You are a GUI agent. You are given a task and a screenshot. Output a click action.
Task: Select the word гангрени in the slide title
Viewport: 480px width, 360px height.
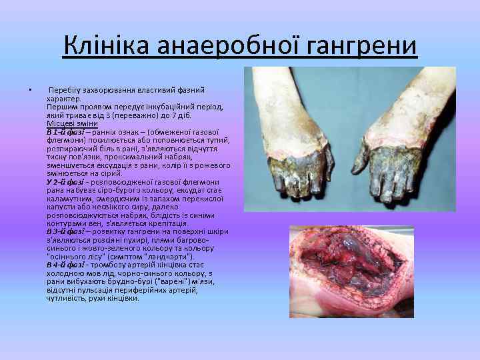[x=361, y=47]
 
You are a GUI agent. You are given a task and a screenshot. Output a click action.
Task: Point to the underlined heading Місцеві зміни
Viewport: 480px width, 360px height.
[x=72, y=123]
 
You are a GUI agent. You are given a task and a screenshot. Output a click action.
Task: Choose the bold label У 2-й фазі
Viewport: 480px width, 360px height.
[x=65, y=182]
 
